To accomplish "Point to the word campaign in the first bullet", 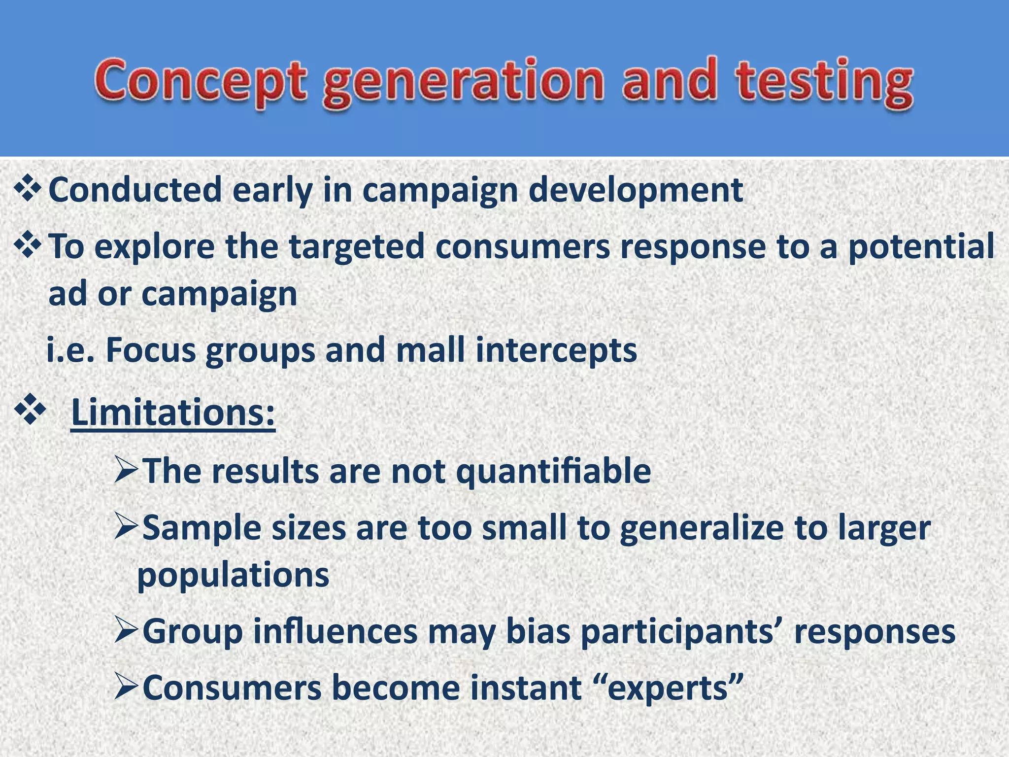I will pos(440,191).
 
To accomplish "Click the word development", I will pos(636,191).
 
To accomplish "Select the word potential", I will pos(920,246).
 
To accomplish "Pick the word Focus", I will pos(151,350).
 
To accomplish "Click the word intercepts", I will pos(556,350).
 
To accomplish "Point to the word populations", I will pos(233,575).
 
